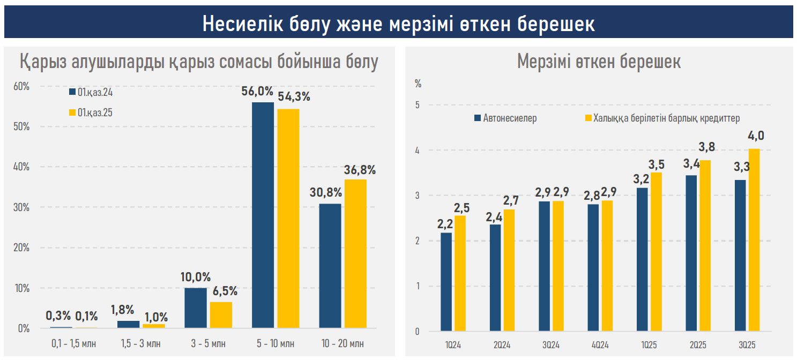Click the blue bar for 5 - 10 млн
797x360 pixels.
[x=263, y=214]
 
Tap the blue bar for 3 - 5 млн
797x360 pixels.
[x=195, y=307]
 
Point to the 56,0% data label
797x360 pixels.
[x=257, y=91]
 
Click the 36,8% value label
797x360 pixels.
[x=359, y=170]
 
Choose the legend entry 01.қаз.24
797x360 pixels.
[x=91, y=92]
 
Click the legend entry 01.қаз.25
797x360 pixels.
[x=91, y=112]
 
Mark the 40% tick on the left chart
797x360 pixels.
[x=22, y=167]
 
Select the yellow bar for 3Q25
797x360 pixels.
[x=754, y=239]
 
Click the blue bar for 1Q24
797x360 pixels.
[x=446, y=282]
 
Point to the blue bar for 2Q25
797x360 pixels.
[x=691, y=253]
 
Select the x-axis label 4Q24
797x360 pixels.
[x=599, y=344]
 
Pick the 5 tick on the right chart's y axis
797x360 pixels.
[x=418, y=105]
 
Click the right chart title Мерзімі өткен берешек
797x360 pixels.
[x=599, y=61]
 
